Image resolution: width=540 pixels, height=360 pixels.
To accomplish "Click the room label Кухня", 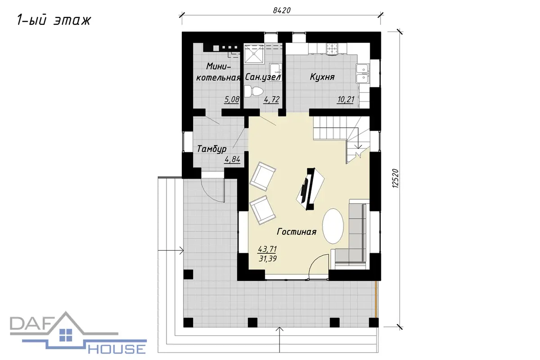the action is tap(322, 77).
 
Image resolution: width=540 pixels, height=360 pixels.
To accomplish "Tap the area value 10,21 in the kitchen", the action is tap(346, 99).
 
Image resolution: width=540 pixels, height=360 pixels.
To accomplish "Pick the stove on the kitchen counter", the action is tap(333, 49).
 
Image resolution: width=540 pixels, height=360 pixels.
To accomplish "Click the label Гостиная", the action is tap(296, 232).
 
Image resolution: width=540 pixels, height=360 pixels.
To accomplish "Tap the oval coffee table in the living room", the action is tap(333, 226).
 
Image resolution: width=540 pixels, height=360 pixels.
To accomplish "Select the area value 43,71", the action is tap(267, 249).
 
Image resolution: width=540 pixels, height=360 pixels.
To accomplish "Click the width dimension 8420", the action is tap(282, 10).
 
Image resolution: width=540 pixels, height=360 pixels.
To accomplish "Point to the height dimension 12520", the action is tap(396, 179).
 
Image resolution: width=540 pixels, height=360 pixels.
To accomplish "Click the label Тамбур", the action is tap(211, 149).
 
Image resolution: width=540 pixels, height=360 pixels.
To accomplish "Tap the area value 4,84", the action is tap(232, 159).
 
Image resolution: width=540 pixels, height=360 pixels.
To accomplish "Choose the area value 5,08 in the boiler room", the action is tap(232, 99).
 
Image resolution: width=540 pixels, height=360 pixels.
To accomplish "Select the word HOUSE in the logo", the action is tap(117, 349).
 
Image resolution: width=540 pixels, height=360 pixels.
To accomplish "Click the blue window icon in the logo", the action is tap(66, 335).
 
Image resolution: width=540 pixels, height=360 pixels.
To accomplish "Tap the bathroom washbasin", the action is tap(275, 72).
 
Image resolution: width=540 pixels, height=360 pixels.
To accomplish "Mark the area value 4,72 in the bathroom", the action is tap(272, 99).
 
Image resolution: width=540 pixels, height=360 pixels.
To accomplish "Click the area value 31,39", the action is tap(268, 259).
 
